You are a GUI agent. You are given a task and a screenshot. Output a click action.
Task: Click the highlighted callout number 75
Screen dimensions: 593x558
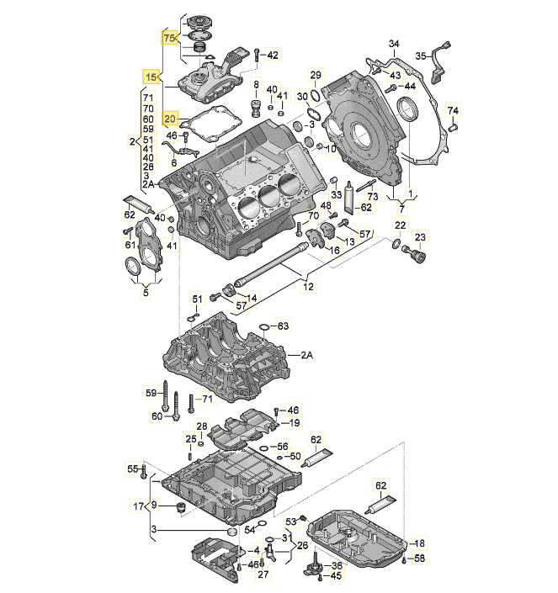click(170, 39)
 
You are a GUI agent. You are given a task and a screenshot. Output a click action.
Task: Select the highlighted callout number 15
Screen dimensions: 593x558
click(151, 77)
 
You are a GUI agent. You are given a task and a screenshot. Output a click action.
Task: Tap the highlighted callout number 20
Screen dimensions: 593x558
click(171, 119)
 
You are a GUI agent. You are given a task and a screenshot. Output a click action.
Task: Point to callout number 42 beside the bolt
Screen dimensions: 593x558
click(272, 55)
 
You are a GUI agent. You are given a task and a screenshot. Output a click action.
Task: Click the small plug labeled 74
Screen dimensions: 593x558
click(453, 129)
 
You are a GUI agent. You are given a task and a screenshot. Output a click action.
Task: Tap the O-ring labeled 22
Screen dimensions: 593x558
click(396, 245)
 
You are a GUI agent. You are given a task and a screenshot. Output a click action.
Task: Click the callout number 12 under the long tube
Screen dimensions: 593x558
click(308, 287)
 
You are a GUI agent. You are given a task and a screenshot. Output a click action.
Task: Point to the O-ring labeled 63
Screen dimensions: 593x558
click(263, 326)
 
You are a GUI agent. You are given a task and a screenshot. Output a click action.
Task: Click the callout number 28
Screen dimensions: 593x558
click(202, 426)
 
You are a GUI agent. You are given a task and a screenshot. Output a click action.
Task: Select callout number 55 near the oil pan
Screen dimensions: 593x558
click(131, 469)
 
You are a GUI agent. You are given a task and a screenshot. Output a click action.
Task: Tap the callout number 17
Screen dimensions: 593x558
click(139, 506)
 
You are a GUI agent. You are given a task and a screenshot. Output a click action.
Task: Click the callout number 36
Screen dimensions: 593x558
click(337, 565)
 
